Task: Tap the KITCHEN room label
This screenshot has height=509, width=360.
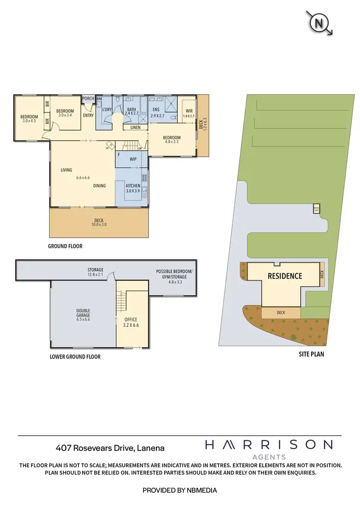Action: tap(132, 185)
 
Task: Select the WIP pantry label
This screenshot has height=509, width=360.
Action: tap(133, 158)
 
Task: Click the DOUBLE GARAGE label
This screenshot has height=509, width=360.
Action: tap(83, 314)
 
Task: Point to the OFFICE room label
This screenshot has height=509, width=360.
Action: tap(131, 320)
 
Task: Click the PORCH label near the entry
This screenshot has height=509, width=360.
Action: tap(88, 99)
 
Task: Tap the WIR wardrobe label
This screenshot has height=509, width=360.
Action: tap(189, 111)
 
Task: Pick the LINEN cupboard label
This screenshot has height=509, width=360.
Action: tap(135, 127)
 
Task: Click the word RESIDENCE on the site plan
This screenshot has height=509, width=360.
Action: tap(285, 276)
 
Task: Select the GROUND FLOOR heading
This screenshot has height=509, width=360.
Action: tap(65, 246)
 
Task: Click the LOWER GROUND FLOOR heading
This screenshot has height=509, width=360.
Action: tap(75, 357)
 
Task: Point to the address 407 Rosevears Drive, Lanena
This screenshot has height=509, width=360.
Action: tap(110, 448)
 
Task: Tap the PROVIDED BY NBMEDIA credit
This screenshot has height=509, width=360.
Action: tap(180, 490)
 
